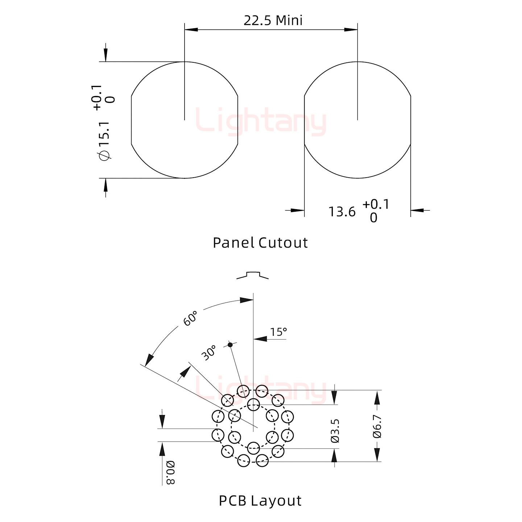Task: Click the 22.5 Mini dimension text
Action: point(273,21)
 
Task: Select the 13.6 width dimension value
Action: point(342,212)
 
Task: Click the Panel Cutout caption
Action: point(260,243)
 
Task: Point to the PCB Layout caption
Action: point(260,501)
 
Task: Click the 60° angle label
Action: point(190,318)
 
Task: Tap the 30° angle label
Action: point(209,353)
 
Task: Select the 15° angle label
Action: point(278,332)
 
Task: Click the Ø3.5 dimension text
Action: point(335,431)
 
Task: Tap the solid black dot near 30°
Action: point(230,345)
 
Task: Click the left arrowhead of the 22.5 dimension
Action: point(191,29)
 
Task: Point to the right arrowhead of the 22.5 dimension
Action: point(351,29)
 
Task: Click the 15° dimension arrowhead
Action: point(260,339)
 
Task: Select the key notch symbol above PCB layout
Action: point(252,275)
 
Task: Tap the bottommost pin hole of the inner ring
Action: point(253,448)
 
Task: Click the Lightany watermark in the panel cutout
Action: point(261,121)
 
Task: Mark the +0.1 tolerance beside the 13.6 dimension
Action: point(376,204)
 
